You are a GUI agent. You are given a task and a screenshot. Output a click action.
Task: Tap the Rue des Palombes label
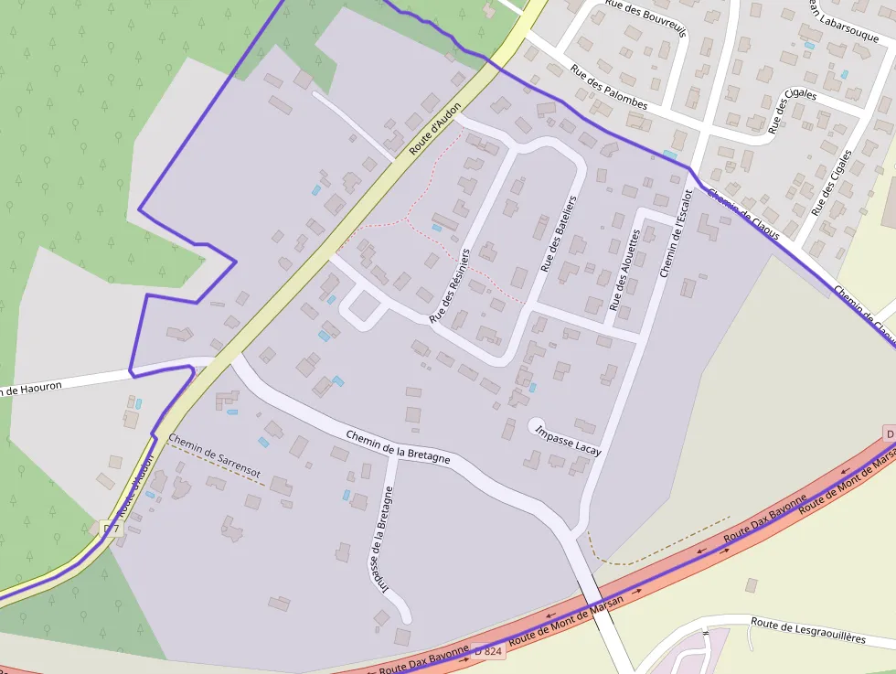[608, 88]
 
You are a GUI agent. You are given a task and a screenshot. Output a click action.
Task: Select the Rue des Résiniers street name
[449, 284]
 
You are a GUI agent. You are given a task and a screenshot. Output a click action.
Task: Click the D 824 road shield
[489, 651]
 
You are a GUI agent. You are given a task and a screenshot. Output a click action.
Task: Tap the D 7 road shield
[111, 529]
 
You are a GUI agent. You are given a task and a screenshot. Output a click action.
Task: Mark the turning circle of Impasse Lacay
[537, 424]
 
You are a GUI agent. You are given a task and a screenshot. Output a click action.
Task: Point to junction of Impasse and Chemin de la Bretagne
[394, 455]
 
